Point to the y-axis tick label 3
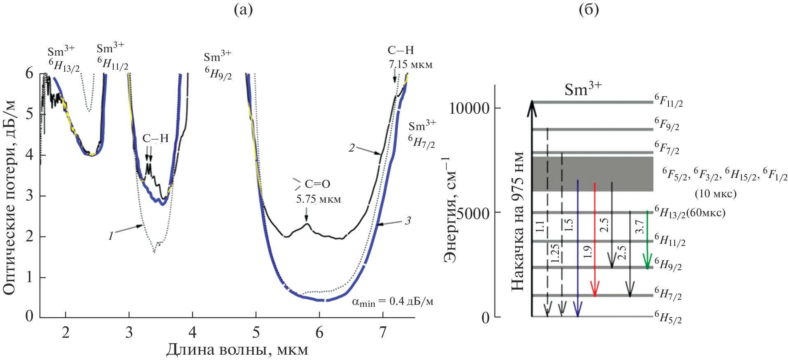tap(29, 195)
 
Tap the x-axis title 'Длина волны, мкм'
tap(237, 350)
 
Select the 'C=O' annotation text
tap(317, 184)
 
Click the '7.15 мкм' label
tap(410, 65)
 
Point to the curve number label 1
tap(110, 236)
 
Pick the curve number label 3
tap(408, 221)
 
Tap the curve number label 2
tap(352, 148)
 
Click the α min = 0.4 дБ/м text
tap(392, 302)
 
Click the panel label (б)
tap(589, 9)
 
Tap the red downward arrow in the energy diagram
tap(594, 239)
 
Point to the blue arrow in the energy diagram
tap(578, 247)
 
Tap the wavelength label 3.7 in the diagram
tap(639, 227)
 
